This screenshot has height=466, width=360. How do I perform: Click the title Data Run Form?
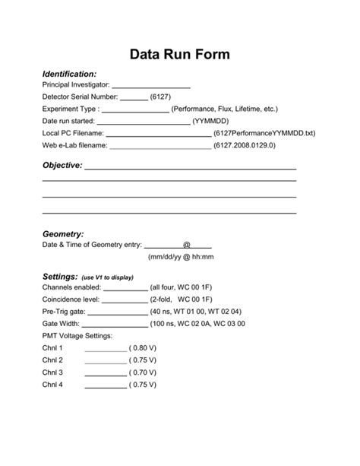(x=179, y=55)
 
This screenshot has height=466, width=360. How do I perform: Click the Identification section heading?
(x=69, y=74)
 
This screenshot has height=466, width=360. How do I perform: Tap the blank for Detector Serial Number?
(x=134, y=98)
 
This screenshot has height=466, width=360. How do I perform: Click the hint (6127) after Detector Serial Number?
(x=161, y=97)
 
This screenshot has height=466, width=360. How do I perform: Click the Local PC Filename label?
(x=73, y=133)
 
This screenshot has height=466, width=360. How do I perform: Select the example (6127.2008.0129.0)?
(x=245, y=144)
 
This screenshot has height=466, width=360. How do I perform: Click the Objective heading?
(x=62, y=165)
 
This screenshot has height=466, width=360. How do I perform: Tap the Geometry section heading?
(x=63, y=234)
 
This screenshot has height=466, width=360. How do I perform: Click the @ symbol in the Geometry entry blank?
(x=186, y=245)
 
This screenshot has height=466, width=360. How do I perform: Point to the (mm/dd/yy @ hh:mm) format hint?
(x=181, y=257)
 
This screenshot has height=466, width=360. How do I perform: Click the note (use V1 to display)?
(x=107, y=277)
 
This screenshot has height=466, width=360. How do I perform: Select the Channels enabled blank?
(x=125, y=289)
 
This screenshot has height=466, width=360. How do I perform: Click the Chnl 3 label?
(x=52, y=372)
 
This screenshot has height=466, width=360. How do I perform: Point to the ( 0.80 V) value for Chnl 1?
(x=143, y=348)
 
